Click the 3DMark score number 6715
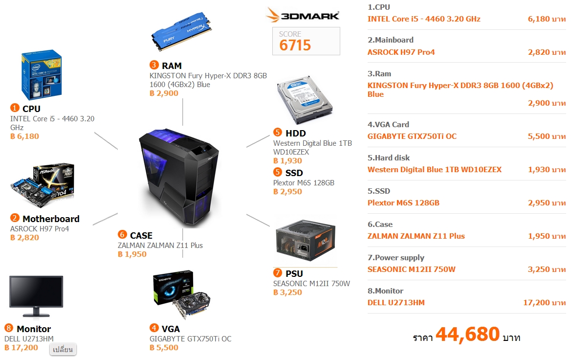(295, 45)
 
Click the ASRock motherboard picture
(43, 186)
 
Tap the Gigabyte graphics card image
(182, 295)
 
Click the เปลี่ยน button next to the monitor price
(63, 349)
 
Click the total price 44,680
(467, 335)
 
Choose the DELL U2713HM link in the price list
(396, 303)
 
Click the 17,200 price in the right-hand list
(536, 303)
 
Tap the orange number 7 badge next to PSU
(278, 273)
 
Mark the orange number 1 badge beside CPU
(15, 108)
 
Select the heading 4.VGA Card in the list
(388, 124)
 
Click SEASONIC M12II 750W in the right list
(412, 270)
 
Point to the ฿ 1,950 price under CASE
(132, 254)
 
